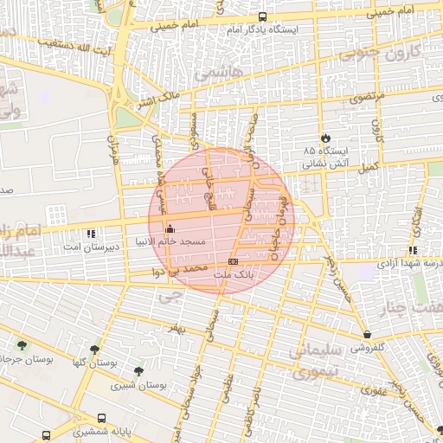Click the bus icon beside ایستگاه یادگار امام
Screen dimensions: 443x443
click(262, 16)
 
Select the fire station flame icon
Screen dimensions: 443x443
click(325, 138)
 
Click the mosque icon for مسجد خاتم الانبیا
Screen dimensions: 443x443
click(169, 230)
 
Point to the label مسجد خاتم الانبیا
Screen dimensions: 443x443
click(170, 242)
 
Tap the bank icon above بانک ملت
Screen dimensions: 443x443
click(233, 260)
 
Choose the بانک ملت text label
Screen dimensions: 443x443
click(234, 273)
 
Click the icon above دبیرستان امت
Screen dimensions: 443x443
click(92, 234)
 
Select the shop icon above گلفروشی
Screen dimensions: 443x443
click(368, 333)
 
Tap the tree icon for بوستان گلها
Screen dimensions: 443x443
click(93, 350)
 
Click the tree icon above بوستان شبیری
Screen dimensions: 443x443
click(138, 371)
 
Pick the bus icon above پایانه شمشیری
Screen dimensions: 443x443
click(103, 418)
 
